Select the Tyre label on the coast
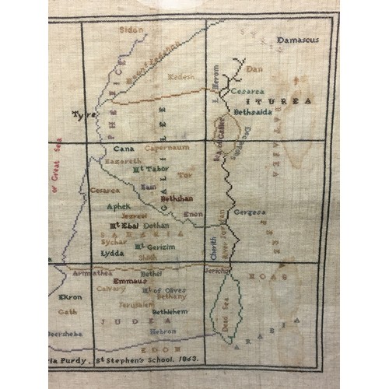point(83,114)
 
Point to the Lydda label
point(113,254)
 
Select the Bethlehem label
point(170,311)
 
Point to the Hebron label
point(163,331)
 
